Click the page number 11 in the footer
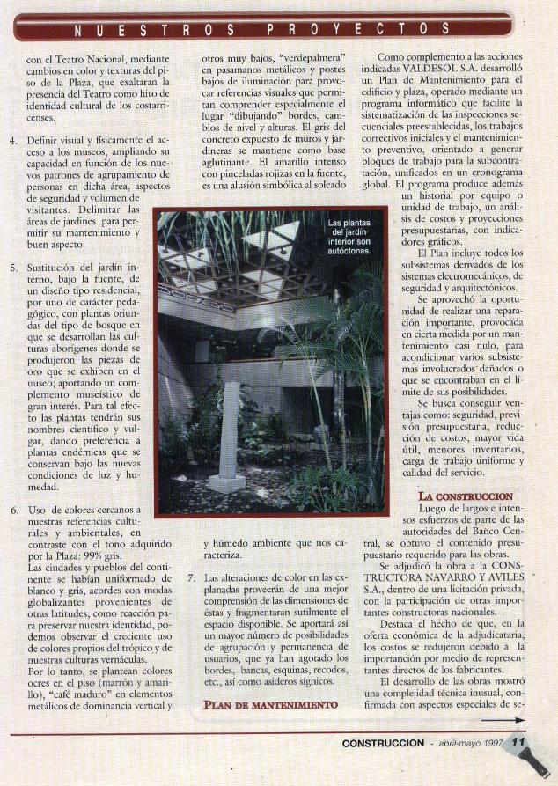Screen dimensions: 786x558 pyautogui.click(x=518, y=742)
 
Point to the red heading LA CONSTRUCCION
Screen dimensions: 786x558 pyautogui.click(x=466, y=496)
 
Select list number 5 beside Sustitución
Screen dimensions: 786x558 pyautogui.click(x=13, y=267)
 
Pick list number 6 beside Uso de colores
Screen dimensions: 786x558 pyautogui.click(x=13, y=510)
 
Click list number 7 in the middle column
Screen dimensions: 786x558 pyautogui.click(x=192, y=577)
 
